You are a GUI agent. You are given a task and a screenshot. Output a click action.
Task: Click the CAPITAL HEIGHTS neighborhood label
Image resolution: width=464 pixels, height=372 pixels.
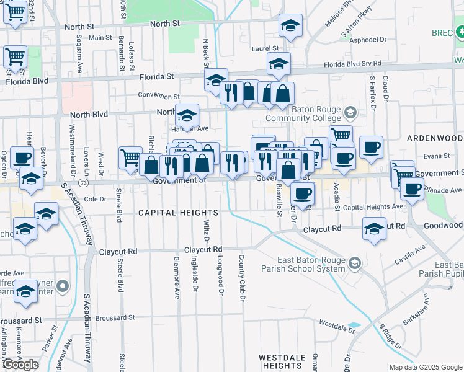point(178,212)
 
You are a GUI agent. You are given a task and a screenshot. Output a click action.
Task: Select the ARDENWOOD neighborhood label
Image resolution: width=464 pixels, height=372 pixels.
point(435,137)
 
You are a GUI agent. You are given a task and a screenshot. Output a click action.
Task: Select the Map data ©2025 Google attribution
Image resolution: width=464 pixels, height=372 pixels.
point(425,367)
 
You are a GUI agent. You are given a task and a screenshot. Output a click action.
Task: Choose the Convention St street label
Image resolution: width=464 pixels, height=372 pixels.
point(159,96)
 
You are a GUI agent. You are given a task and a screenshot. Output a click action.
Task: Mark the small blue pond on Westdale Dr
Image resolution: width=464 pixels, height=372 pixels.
point(354,325)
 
